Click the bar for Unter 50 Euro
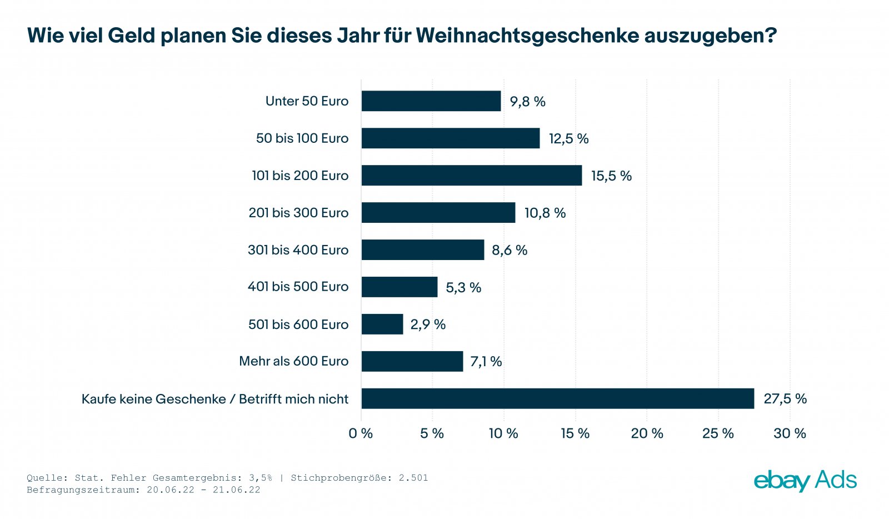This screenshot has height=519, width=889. tap(431, 101)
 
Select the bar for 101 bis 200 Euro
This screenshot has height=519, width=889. tap(471, 176)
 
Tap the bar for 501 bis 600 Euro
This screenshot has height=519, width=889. tap(382, 324)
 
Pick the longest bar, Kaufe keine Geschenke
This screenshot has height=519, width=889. tap(557, 398)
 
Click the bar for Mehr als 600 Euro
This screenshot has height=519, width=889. tap(412, 361)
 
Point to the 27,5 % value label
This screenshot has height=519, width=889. tap(785, 398)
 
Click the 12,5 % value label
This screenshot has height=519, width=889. tap(568, 138)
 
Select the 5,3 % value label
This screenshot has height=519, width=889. tap(463, 287)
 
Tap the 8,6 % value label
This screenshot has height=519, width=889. tap(510, 250)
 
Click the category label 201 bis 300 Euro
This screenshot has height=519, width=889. tap(298, 213)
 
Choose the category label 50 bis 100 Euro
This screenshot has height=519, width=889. tap(302, 138)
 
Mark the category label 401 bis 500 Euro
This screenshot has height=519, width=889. tap(298, 287)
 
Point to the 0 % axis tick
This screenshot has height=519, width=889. tap(361, 433)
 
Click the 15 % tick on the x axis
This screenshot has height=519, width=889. tap(575, 433)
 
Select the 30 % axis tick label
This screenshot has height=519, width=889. tap(790, 433)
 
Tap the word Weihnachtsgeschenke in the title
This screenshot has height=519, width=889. tap(527, 36)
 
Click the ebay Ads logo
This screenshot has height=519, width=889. tap(805, 481)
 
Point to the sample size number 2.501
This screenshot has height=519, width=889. tap(413, 478)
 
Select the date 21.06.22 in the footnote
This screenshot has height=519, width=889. tap(236, 490)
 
